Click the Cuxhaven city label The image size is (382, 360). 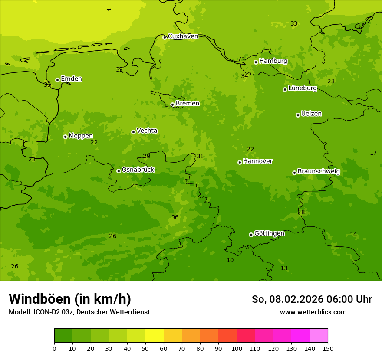(x=183, y=36)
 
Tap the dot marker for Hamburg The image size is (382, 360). (x=256, y=62)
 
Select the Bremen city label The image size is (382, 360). (x=188, y=104)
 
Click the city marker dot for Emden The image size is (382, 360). (x=57, y=80)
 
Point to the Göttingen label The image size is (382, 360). (x=269, y=234)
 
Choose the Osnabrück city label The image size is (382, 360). (x=138, y=170)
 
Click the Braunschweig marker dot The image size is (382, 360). (x=294, y=173)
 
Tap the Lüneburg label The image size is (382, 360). (x=303, y=88)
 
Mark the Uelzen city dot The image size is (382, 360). (x=298, y=115)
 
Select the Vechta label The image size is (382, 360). (x=147, y=131)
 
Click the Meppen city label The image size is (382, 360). (x=81, y=136)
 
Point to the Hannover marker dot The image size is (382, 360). (x=240, y=162)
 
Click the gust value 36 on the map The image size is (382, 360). (x=175, y=218)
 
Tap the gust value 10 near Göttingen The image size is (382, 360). (x=230, y=260)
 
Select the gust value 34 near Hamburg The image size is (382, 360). (x=244, y=76)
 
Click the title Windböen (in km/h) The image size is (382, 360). (x=70, y=299)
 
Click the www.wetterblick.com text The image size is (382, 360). (x=313, y=312)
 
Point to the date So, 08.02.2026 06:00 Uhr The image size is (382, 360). (x=312, y=299)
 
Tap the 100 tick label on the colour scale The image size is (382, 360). (x=237, y=348)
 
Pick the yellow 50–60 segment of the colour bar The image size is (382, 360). (x=155, y=336)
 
